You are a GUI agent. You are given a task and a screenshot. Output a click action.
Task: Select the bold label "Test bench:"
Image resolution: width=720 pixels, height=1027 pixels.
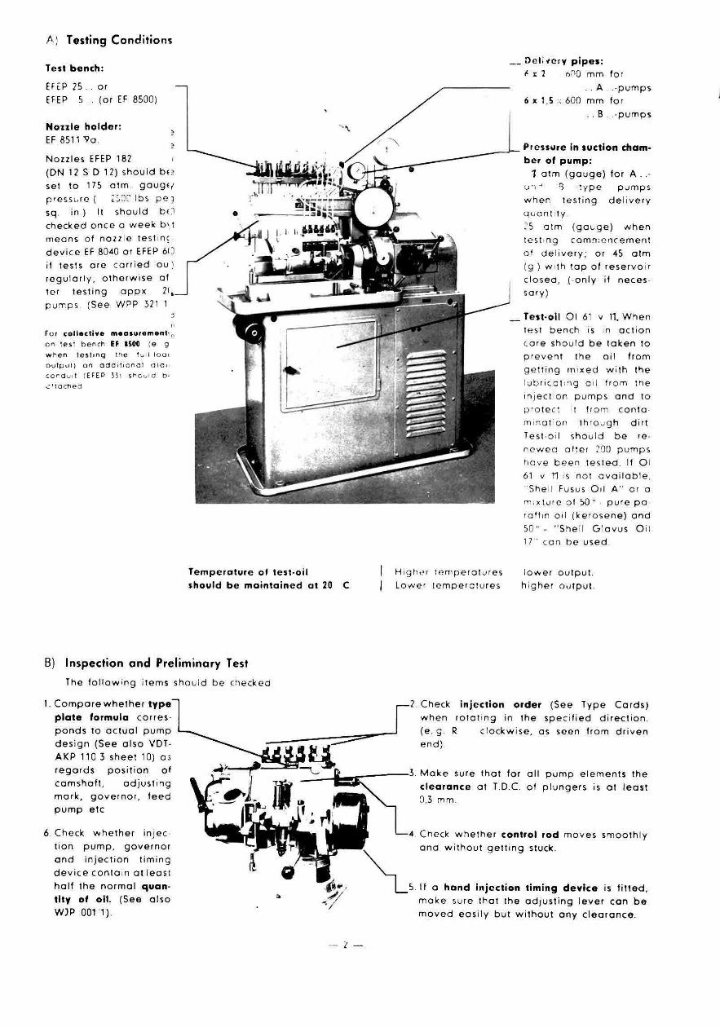(x=74, y=69)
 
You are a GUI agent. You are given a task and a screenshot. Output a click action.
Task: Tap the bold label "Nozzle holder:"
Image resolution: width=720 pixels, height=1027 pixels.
(x=84, y=127)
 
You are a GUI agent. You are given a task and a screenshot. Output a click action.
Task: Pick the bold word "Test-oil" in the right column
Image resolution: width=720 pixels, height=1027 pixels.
(x=543, y=319)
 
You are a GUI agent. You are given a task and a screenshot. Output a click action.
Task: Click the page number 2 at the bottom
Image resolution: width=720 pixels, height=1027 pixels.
(x=345, y=945)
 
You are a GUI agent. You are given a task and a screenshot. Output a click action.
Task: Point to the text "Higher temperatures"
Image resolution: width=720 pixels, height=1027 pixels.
(x=448, y=572)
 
